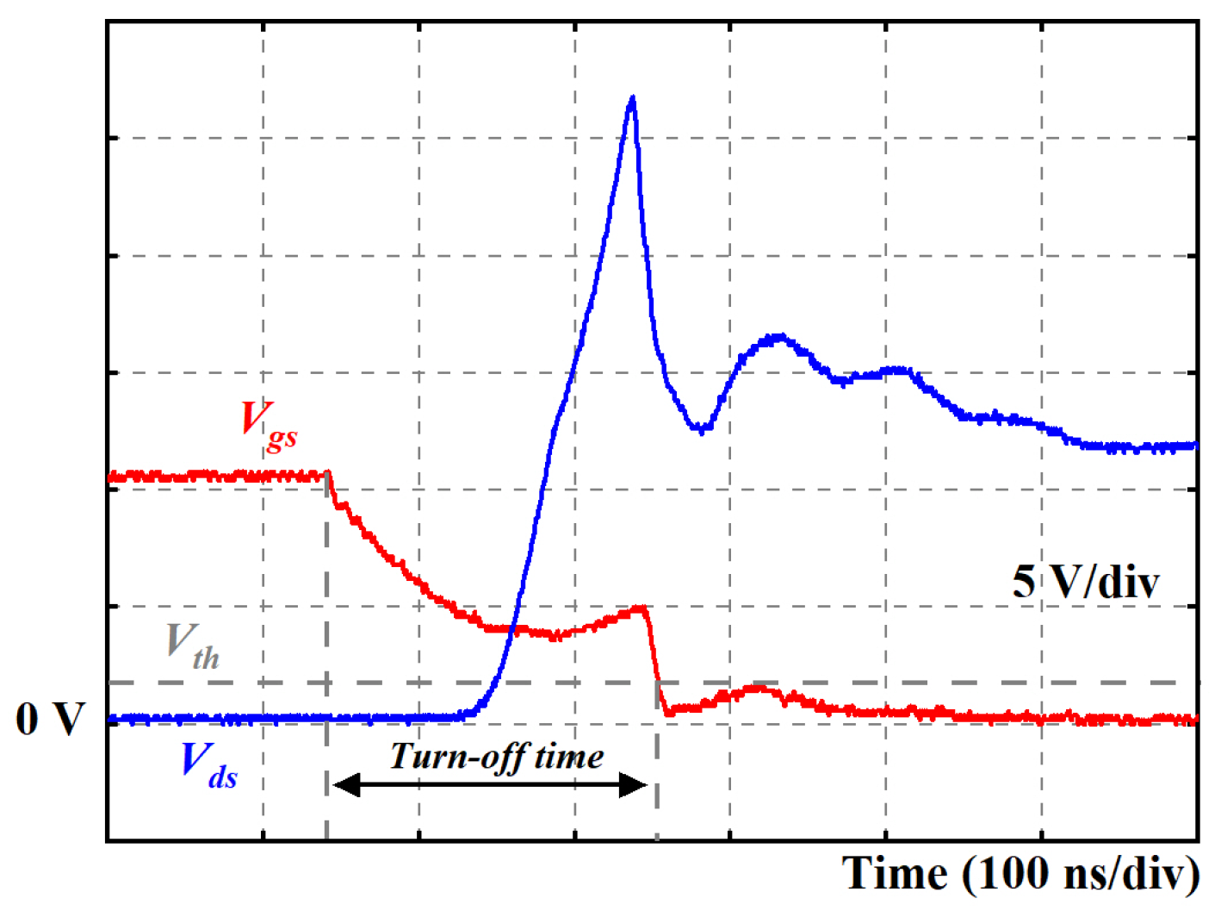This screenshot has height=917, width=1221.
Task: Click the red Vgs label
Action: pos(269,424)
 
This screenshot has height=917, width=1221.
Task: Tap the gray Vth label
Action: pos(193,646)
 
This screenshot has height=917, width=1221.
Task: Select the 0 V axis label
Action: pos(50,719)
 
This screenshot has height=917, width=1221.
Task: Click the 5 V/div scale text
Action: pos(1085,582)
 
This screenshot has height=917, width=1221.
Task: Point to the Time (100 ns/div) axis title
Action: pos(1020,874)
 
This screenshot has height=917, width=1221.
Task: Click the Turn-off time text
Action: pos(496,757)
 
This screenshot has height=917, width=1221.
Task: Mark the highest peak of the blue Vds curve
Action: pos(633,98)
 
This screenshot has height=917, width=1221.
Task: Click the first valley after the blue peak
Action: pos(703,428)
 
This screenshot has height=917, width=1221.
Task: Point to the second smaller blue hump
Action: pos(780,338)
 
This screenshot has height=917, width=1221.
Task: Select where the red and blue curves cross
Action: pos(512,628)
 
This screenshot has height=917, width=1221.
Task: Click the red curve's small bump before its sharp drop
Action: pos(640,608)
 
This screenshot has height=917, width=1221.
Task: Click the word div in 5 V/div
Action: pos(1128,582)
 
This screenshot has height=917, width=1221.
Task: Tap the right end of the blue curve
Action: pos(1193,446)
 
